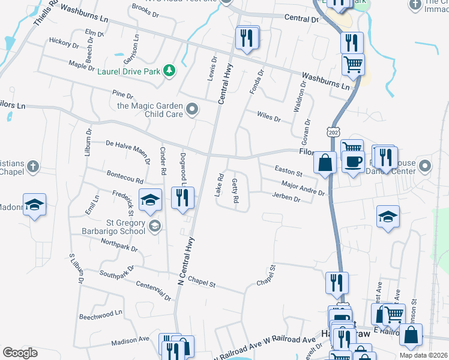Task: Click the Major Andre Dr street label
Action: coord(303,189)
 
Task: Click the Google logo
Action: coord(20,353)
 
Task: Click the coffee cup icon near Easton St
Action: coord(353,160)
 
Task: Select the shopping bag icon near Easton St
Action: coord(325,162)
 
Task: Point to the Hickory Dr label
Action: coord(64,43)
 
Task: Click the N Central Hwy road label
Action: coord(187,260)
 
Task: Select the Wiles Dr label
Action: coord(268,116)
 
